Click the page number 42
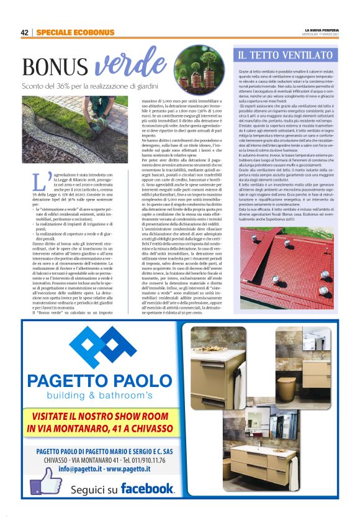click(25, 32)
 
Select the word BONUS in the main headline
click(52, 67)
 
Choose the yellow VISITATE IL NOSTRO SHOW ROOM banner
click(103, 422)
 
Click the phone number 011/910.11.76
click(143, 460)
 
